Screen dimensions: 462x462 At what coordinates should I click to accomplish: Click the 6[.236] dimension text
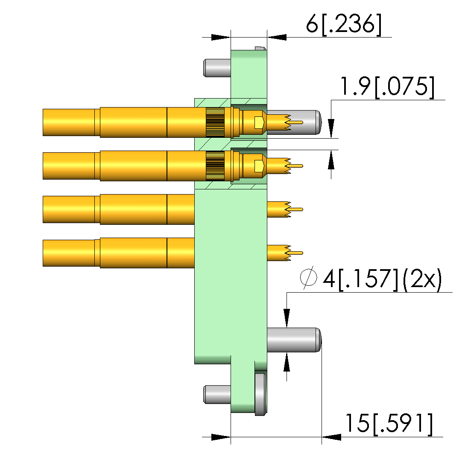point(343,24)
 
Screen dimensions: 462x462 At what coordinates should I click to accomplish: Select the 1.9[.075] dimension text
point(387,87)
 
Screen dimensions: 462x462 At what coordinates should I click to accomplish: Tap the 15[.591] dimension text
point(389,424)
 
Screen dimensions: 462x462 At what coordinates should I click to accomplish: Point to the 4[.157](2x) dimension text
point(382,279)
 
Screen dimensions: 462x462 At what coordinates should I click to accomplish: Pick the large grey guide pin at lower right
point(294,340)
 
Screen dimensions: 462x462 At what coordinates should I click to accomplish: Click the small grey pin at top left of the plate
point(217,68)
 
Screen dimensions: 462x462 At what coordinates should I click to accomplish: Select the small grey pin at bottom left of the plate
point(217,395)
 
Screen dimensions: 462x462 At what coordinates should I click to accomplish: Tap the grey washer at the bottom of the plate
point(260,395)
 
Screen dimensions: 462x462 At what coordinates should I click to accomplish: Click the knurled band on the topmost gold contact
point(215,122)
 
